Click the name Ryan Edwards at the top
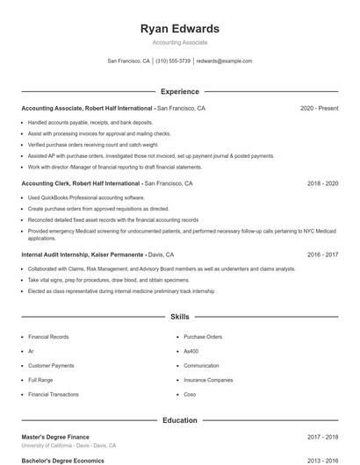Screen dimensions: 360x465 tap(180, 29)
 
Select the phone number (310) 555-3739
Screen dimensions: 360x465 tap(174, 61)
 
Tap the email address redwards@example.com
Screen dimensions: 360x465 tap(224, 61)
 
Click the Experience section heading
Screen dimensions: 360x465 tap(180, 91)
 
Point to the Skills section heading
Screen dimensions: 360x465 tap(180, 316)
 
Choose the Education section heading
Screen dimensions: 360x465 tap(180, 420)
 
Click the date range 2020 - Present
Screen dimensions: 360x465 tap(319, 109)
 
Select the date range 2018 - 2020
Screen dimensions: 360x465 tap(322, 184)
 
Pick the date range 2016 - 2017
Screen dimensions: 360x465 tap(322, 254)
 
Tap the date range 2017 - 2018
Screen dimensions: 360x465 tap(322, 436)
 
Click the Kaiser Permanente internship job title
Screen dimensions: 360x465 tap(83, 254)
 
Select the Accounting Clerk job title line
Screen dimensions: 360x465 tap(81, 184)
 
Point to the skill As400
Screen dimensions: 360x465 tap(192, 351)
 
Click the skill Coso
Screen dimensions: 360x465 tap(191, 395)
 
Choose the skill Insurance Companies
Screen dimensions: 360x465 tap(208, 380)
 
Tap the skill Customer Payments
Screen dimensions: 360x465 tap(51, 365)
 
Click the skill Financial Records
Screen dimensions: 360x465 tap(48, 336)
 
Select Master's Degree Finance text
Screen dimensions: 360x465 tap(55, 436)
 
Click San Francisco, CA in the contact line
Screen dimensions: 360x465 tap(128, 61)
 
